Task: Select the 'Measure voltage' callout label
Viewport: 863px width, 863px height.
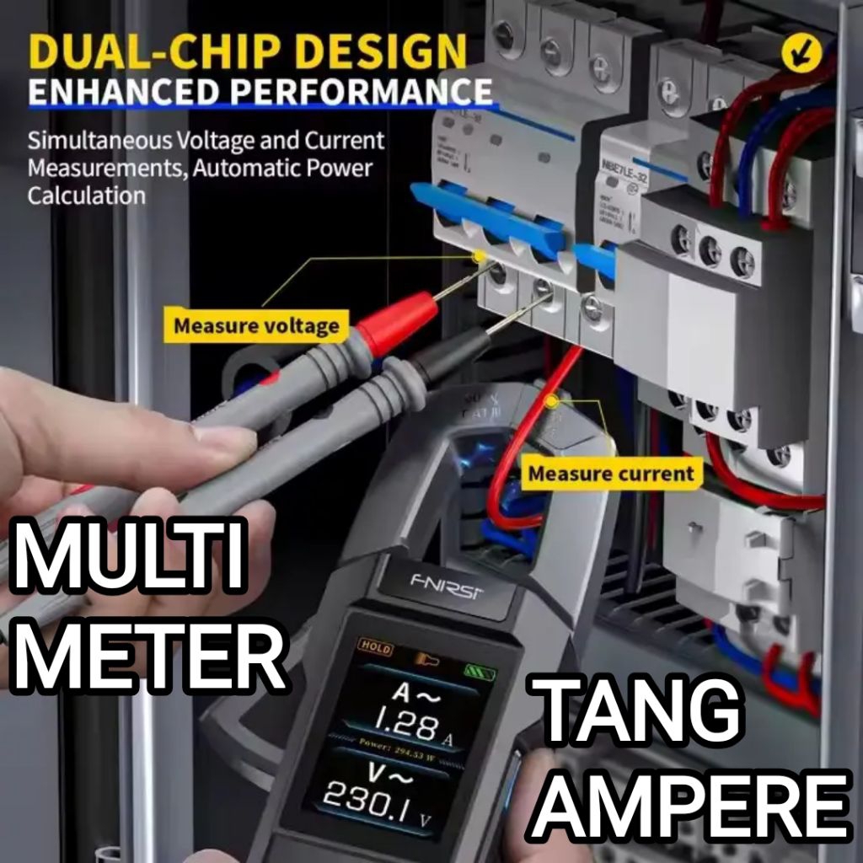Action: (257, 325)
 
